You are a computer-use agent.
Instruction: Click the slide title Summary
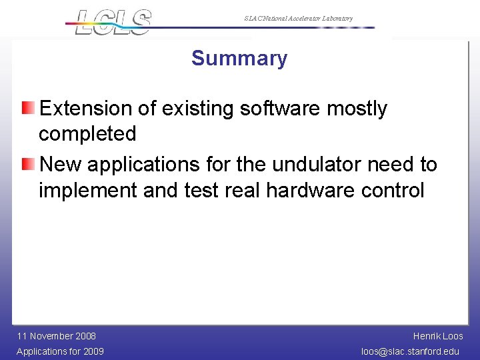(239, 58)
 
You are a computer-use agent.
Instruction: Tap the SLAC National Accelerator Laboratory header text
(298, 19)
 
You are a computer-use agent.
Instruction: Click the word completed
(87, 134)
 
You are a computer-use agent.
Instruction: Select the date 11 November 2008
(57, 336)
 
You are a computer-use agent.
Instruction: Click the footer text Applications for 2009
(60, 351)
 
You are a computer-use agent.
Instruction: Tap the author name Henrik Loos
(438, 336)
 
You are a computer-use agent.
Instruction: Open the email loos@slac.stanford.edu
(410, 351)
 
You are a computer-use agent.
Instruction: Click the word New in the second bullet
(61, 164)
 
